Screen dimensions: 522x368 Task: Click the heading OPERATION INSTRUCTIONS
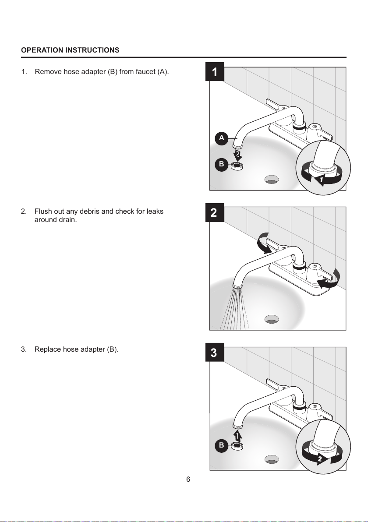[x=70, y=50]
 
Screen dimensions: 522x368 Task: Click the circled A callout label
[x=222, y=138]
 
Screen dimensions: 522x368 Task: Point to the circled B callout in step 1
[x=222, y=164]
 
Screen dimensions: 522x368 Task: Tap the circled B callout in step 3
[x=222, y=445]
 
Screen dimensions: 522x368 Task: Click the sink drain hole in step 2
[x=272, y=319]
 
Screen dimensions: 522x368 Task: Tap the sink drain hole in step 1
[x=272, y=179]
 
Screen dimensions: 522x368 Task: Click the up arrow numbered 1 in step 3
[x=237, y=435]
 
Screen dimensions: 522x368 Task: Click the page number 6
[x=188, y=480]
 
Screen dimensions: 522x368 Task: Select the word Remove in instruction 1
[x=47, y=72]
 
